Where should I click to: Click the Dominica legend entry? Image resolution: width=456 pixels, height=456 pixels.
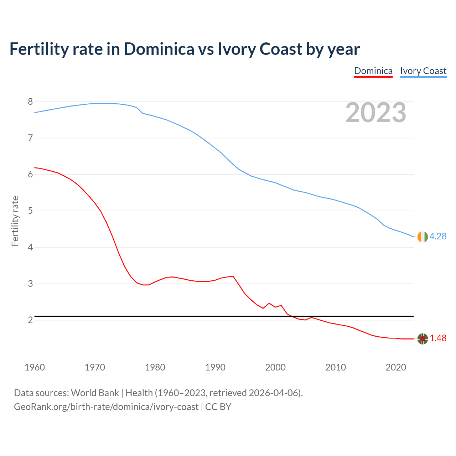tap(373, 71)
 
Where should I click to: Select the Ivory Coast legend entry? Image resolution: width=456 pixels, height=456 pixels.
tap(423, 71)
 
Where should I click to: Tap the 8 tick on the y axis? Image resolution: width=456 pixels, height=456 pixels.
tap(30, 102)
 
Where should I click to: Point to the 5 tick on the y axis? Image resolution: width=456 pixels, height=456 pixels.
tap(30, 211)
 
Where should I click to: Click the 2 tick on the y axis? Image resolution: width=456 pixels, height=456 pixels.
tap(30, 320)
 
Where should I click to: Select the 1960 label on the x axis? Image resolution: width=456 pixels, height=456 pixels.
tap(35, 367)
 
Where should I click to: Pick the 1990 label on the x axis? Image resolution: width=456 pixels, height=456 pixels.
tap(215, 367)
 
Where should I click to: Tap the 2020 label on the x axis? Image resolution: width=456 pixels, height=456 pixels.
tap(396, 367)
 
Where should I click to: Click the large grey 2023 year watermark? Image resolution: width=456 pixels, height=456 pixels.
tap(376, 113)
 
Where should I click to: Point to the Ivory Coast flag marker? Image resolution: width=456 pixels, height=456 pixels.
tap(423, 237)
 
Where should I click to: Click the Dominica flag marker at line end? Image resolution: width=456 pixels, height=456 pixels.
tap(423, 339)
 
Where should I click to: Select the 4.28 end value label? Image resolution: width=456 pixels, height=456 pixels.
tap(438, 237)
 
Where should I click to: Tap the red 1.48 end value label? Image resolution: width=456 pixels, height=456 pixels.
tap(438, 338)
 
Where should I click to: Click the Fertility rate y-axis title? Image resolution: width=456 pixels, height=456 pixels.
tap(15, 221)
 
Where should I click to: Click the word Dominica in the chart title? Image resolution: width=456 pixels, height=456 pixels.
tap(159, 49)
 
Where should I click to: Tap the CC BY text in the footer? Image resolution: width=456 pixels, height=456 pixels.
tap(218, 407)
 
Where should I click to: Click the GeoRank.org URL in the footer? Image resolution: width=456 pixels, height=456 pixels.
tap(106, 407)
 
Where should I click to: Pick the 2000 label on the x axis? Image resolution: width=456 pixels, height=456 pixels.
tap(275, 367)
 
